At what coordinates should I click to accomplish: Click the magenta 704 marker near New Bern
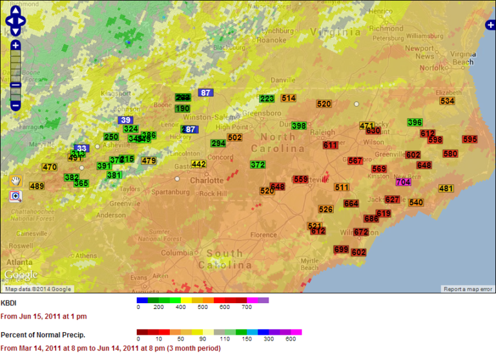coord(402,182)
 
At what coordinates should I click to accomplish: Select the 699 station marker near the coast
coord(341,249)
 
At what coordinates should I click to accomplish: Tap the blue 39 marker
coord(125,120)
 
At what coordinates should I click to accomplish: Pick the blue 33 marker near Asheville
coord(81,148)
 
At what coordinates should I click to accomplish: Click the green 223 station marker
coord(267,99)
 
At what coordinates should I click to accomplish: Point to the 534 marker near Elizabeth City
coord(447,101)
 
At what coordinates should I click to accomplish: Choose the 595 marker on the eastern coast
coord(470,139)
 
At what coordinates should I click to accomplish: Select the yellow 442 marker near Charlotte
coord(198,164)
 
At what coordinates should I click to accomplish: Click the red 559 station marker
coord(300,179)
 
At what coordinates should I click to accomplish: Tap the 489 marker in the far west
coord(37,186)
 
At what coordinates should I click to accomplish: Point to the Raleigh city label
coord(323,132)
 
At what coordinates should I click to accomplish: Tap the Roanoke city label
coord(270,39)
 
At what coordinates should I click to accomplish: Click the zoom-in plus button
coord(15,45)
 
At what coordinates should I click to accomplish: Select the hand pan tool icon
coord(15,180)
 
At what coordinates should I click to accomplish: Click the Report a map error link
coord(468,289)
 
